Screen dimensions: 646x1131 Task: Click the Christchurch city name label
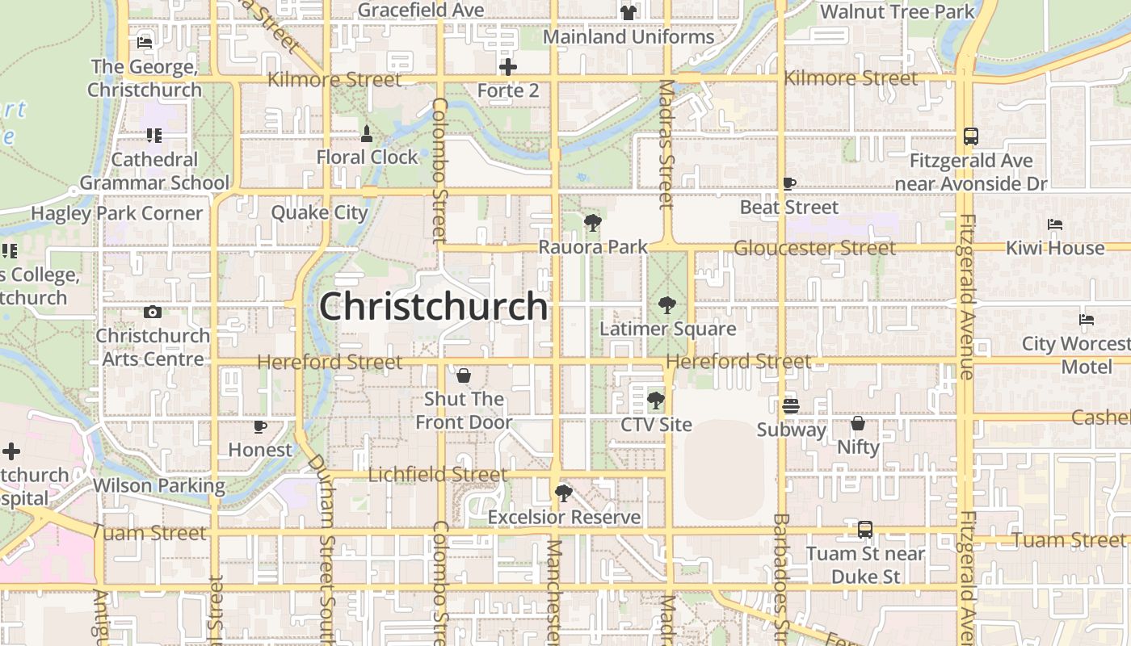click(x=434, y=307)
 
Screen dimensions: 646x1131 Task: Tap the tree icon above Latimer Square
click(x=666, y=305)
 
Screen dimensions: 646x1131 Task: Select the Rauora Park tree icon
click(x=593, y=223)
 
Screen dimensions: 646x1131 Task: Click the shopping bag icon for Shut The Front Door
click(x=464, y=375)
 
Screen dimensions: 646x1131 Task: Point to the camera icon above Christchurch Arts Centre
click(x=153, y=313)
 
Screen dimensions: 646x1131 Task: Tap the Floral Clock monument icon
click(x=366, y=133)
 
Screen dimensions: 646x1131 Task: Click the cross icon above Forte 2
click(x=508, y=67)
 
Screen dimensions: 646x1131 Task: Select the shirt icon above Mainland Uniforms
click(x=629, y=13)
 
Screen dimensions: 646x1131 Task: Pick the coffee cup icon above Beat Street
click(x=789, y=184)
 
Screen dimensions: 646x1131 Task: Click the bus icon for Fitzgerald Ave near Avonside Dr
click(x=971, y=136)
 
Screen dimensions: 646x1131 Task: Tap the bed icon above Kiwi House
click(x=1055, y=224)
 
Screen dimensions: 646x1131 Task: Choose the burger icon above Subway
click(x=791, y=406)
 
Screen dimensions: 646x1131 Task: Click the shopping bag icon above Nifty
click(x=858, y=423)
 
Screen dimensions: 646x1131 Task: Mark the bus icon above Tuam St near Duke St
click(x=865, y=531)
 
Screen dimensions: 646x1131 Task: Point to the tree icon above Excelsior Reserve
click(x=564, y=493)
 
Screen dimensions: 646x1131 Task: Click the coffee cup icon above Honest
click(x=259, y=426)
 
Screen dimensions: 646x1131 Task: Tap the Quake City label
click(x=319, y=213)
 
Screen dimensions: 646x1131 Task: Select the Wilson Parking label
click(x=159, y=485)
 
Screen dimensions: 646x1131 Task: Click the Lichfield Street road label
click(x=438, y=474)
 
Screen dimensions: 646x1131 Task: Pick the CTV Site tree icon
click(x=656, y=401)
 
